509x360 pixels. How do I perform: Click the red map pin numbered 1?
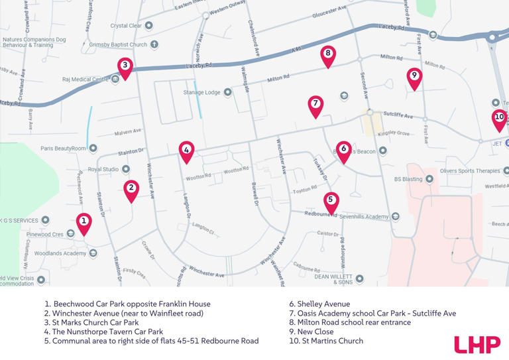[84, 222]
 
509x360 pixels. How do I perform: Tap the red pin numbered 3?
[125, 66]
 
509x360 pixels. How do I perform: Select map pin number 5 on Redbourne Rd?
[331, 200]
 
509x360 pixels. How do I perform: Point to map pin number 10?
[500, 118]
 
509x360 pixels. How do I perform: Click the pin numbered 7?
[315, 104]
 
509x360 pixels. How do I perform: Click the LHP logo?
[477, 344]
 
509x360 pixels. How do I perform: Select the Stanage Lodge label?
[201, 92]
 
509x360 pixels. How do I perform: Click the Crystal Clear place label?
[126, 26]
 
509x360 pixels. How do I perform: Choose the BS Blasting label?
[408, 178]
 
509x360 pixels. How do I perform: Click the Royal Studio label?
[103, 169]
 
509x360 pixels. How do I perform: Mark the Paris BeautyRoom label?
[64, 149]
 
